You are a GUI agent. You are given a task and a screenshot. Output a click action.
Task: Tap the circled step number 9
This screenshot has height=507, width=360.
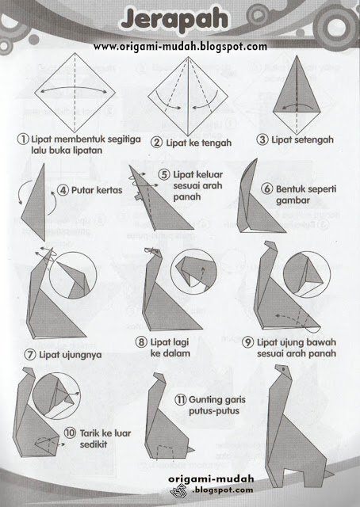pos(248,342)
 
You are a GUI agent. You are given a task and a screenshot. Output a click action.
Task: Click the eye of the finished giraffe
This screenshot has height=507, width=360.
pos(283,371)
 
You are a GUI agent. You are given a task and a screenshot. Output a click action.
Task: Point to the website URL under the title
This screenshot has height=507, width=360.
pos(180,47)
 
